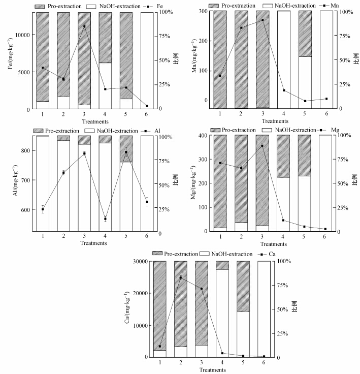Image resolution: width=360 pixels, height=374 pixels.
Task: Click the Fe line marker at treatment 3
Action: [x=84, y=26]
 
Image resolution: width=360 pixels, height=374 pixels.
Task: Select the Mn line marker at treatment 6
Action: [x=326, y=99]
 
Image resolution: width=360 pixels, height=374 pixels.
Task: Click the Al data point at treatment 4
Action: [x=105, y=219]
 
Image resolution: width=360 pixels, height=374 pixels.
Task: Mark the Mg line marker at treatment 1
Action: [x=220, y=163]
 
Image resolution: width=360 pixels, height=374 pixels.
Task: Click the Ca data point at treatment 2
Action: [x=180, y=277]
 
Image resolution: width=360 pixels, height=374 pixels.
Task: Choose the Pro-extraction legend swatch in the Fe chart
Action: [x=41, y=5]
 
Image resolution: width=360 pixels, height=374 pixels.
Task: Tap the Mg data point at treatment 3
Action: [x=262, y=146]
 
